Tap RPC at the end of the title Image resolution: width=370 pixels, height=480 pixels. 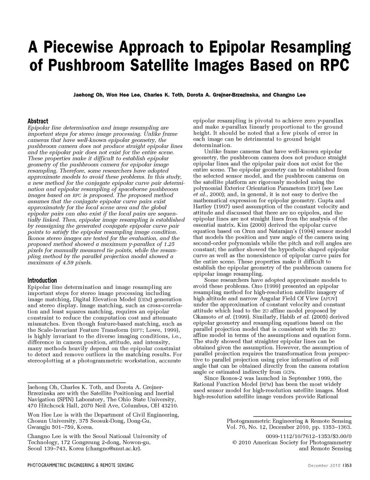334,65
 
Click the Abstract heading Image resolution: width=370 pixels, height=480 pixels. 38,121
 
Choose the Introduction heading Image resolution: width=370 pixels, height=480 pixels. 42,280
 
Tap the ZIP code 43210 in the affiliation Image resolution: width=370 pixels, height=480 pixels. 170,406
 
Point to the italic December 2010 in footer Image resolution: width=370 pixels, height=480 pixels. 324,465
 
